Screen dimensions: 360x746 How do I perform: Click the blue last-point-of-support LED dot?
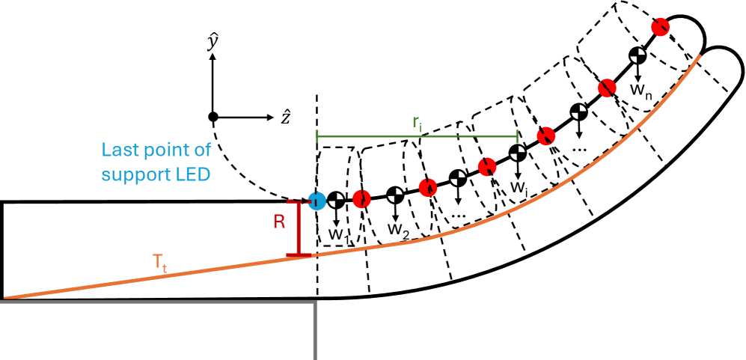point(316,201)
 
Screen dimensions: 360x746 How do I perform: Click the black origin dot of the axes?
point(213,117)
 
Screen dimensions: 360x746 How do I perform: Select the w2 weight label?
point(398,228)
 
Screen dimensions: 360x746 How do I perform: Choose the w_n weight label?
point(640,89)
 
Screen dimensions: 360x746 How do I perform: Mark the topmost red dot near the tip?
point(660,26)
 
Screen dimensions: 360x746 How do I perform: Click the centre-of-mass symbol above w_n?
point(637,54)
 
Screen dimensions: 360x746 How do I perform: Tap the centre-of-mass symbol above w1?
point(337,200)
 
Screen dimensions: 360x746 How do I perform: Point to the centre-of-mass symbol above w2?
point(395,195)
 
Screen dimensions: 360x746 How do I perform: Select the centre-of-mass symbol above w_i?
point(518,153)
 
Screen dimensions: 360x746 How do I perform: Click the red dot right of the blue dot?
point(361,199)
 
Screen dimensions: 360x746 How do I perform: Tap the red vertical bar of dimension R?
point(299,228)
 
